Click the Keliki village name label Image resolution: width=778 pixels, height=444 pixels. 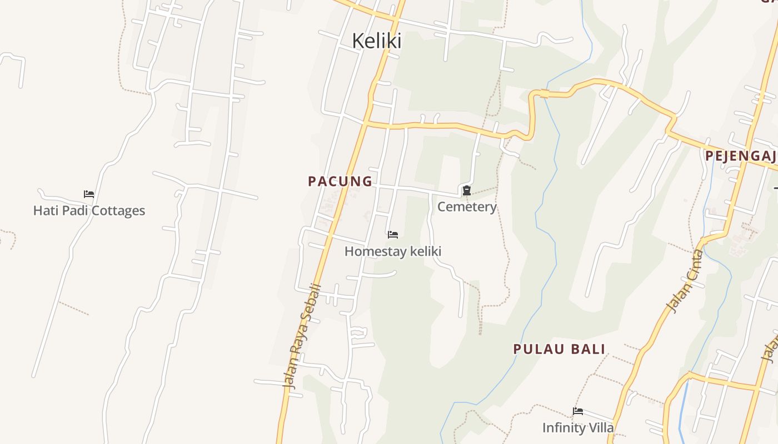point(377,41)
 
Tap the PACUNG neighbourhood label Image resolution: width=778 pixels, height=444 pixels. point(340,181)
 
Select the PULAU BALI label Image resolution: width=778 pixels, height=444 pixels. point(559,349)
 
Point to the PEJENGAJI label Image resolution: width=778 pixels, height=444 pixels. point(741,156)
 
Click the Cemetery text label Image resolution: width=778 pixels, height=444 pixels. point(467,207)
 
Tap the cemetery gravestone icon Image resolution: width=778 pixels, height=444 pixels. point(467,191)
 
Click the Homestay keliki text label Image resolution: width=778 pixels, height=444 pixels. point(393,251)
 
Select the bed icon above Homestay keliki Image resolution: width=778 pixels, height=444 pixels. point(393,235)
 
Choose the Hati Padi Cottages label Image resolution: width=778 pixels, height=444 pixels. point(89,211)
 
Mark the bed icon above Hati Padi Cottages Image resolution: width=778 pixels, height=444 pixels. point(89,194)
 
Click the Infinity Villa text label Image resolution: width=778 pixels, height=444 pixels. point(578,428)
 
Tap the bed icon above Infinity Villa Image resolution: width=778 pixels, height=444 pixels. point(578,411)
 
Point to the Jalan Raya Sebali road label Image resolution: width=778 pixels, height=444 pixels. point(302,336)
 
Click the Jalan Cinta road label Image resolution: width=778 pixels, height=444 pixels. point(685,282)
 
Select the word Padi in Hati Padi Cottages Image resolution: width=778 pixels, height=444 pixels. point(74,211)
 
